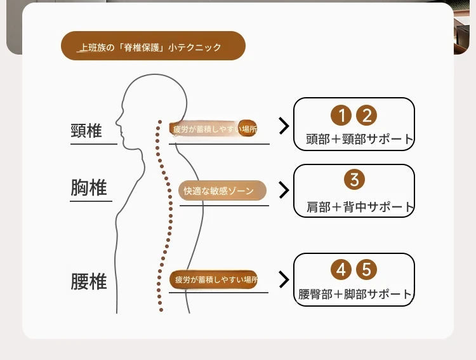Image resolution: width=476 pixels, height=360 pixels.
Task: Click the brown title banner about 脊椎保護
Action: [154, 46]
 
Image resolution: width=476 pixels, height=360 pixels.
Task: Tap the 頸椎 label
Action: [86, 131]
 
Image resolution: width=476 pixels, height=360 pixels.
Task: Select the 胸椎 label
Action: [89, 187]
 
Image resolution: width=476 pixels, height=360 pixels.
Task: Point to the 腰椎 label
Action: [89, 282]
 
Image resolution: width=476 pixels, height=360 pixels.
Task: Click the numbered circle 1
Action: [341, 116]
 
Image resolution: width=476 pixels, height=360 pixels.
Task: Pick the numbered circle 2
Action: [366, 116]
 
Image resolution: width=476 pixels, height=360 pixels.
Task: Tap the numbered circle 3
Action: [354, 179]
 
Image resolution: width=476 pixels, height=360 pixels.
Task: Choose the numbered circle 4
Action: [341, 269]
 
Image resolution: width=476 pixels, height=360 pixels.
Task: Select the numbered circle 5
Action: [366, 269]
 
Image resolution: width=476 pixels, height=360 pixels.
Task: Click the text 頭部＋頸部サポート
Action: [359, 139]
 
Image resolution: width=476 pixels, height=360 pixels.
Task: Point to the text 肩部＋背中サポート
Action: [360, 207]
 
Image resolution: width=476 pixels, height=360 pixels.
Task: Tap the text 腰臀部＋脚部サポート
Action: [355, 294]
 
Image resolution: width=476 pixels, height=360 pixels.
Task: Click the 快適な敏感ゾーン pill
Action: [222, 190]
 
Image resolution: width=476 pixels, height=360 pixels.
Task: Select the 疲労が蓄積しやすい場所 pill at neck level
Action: [213, 129]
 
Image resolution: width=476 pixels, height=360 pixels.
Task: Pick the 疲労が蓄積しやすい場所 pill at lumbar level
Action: [214, 279]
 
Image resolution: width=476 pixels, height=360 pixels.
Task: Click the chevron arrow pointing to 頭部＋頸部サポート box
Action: [284, 126]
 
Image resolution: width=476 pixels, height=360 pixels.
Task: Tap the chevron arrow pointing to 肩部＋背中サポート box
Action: [284, 190]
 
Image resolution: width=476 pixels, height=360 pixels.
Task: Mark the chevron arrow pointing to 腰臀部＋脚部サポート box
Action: [284, 279]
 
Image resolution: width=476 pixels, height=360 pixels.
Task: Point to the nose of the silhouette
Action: [116, 122]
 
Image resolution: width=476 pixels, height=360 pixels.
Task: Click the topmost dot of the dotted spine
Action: [160, 122]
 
